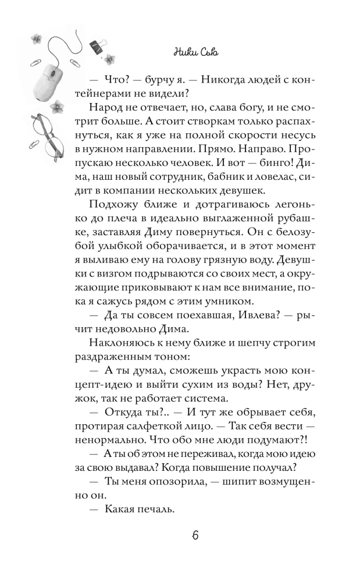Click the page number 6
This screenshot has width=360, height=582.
pyautogui.click(x=195, y=536)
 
